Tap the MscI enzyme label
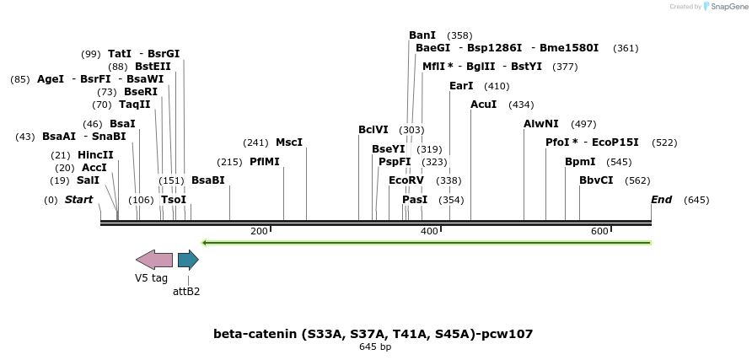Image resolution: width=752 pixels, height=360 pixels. [288, 142]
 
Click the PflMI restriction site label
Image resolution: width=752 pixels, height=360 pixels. [264, 162]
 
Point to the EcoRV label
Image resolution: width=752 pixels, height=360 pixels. [406, 180]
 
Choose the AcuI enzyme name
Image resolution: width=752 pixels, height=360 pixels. [483, 105]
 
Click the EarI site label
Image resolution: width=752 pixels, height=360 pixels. [461, 86]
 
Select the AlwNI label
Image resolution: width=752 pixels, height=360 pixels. [540, 124]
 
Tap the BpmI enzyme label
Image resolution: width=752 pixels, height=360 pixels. [580, 162]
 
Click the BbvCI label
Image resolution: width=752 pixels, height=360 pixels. [596, 180]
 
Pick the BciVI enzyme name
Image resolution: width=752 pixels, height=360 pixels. [373, 130]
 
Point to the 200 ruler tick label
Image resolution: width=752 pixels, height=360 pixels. [259, 231]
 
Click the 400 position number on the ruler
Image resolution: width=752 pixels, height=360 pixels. [429, 231]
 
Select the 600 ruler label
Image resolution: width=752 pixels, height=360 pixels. [599, 231]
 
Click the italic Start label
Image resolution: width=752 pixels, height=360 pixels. [78, 200]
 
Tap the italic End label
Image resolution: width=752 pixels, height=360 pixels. [661, 200]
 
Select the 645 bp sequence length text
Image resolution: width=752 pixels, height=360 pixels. [375, 347]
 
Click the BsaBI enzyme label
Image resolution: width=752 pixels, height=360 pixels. [208, 180]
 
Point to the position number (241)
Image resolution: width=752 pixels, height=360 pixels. [255, 142]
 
